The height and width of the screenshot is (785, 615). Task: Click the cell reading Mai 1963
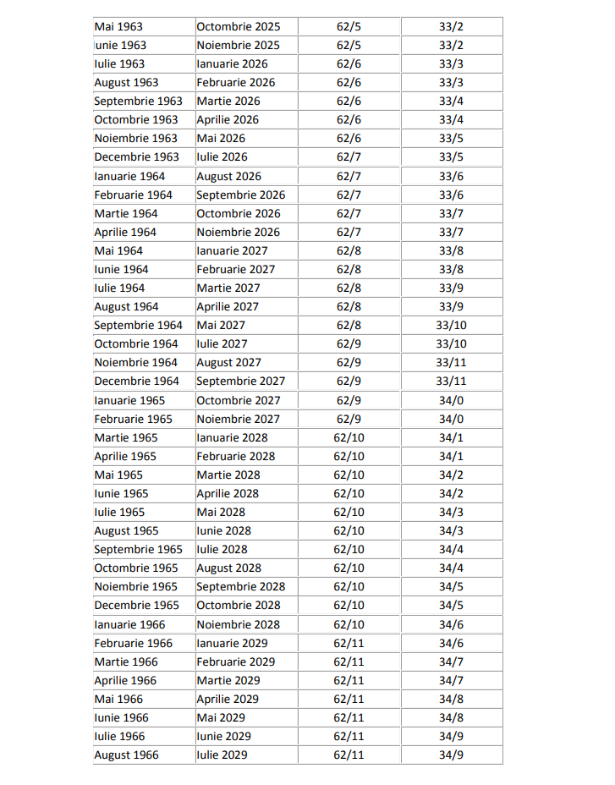pos(118,26)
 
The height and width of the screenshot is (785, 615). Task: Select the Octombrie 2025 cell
pos(238,26)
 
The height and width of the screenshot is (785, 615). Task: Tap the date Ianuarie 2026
pos(233,63)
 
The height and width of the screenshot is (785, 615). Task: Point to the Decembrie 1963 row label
pos(137,156)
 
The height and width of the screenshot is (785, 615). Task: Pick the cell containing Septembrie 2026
pos(240,195)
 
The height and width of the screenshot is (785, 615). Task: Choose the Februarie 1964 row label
pos(134,195)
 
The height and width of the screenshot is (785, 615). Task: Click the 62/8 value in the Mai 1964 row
pos(349,250)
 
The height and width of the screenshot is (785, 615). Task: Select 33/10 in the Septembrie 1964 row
pos(451,325)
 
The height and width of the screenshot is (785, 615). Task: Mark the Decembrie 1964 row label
pos(137,381)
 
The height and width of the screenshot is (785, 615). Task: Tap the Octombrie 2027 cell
pos(238,400)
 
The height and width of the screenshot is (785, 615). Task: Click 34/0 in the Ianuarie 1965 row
pos(451,400)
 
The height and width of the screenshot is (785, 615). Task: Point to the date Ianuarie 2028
pos(232,437)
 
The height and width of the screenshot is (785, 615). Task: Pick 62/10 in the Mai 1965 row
pos(349,475)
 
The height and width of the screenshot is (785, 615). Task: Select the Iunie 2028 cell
pos(223,530)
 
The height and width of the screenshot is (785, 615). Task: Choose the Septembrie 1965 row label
pos(138,549)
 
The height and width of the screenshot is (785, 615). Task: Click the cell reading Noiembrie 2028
pos(238,624)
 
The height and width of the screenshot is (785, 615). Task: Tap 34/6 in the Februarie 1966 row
pos(451,643)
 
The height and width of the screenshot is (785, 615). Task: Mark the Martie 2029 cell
pos(228,680)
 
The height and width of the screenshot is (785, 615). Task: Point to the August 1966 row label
pos(126,755)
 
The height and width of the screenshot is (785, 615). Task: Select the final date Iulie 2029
pos(222,755)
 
